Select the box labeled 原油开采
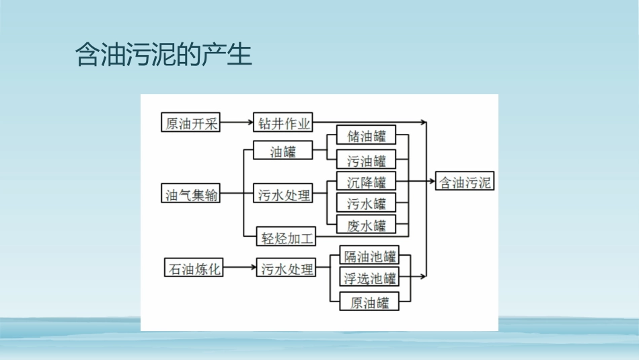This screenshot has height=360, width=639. [192, 123]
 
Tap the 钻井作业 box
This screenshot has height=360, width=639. [284, 123]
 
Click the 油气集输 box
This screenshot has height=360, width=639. [192, 195]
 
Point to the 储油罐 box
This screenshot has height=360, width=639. [367, 137]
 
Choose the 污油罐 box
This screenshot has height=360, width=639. [367, 160]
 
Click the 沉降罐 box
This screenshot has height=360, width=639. [367, 182]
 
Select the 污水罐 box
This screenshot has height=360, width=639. [367, 203]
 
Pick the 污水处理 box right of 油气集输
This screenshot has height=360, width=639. [285, 195]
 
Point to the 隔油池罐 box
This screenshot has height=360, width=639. [369, 256]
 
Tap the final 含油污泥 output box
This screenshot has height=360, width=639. [465, 182]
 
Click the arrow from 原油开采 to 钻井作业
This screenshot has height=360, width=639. [237, 123]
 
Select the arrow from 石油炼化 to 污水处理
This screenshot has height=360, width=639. [239, 269]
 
